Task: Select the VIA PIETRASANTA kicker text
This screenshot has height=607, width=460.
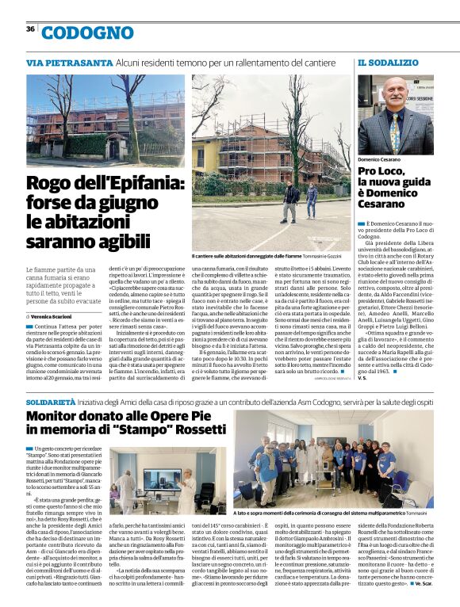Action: [x=69, y=62]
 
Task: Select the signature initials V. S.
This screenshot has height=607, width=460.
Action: [x=363, y=378]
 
